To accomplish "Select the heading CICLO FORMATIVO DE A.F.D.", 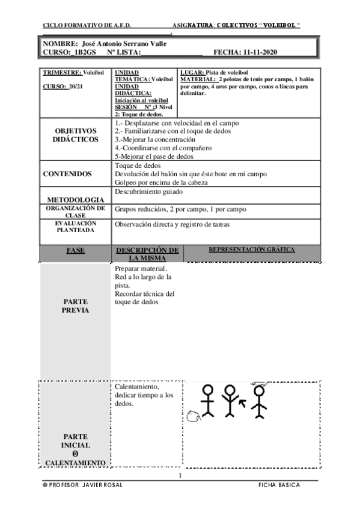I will pos(87,26).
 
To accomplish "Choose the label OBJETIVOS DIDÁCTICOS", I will pos(76,135).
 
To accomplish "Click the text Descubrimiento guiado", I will pos(148,191).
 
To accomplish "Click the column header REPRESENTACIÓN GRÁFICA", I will pos(251,249).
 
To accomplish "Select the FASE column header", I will pos(75,250).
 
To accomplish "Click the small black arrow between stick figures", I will pos(243,401).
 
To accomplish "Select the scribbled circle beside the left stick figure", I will pos(193,414).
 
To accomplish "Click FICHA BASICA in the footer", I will pos(279,485).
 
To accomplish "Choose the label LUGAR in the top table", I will pos(192,72).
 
